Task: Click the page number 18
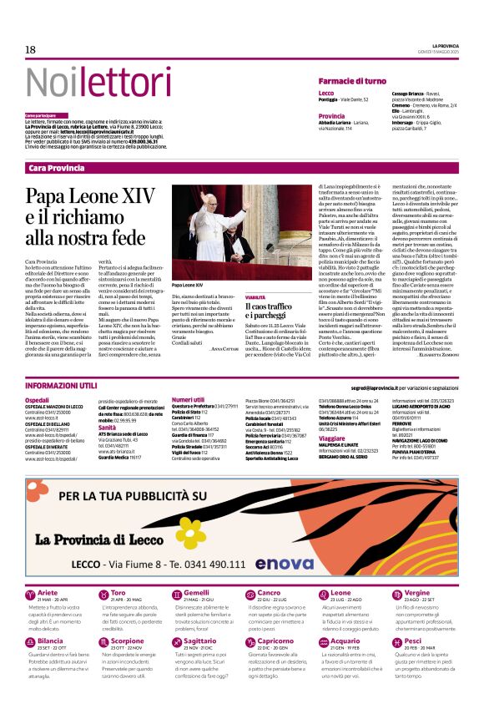[30, 50]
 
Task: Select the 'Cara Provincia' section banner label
[56, 168]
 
